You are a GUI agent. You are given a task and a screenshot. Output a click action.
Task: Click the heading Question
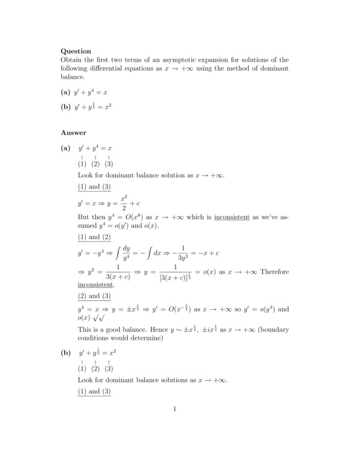coord(76,51)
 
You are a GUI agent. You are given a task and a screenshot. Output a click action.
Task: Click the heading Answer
coord(73,132)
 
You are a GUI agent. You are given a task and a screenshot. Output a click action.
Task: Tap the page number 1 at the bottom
coord(175,410)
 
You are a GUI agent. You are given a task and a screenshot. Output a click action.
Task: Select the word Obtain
coord(72,60)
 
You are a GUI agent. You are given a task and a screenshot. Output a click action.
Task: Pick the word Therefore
coord(274,271)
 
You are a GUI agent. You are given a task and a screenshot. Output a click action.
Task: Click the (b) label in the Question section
coord(65,107)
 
